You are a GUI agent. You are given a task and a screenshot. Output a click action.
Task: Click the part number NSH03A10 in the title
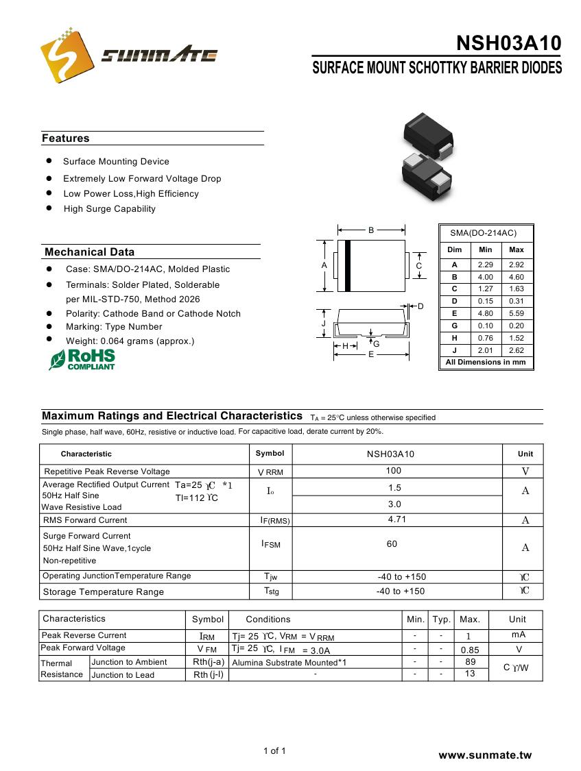(508, 43)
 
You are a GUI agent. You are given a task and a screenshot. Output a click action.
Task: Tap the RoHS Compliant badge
(82, 359)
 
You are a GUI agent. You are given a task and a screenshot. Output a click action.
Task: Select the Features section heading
(66, 138)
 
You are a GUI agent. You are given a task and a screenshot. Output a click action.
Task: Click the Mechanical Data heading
(89, 252)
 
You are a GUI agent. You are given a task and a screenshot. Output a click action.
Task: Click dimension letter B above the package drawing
(371, 230)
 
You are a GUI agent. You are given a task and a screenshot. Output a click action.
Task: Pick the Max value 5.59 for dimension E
(516, 314)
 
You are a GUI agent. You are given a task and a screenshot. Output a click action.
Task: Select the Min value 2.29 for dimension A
(485, 265)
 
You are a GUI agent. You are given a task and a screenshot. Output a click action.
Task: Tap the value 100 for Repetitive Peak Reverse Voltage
(394, 471)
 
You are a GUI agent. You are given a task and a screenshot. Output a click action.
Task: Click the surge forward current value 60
(392, 544)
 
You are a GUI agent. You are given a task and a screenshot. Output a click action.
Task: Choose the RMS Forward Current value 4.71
(397, 519)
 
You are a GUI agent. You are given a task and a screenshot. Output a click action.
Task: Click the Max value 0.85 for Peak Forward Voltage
(470, 650)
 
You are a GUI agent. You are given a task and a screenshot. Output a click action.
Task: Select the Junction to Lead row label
(123, 675)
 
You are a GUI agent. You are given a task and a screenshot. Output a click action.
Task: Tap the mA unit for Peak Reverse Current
(519, 635)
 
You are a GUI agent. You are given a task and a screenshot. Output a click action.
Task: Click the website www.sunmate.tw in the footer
(485, 755)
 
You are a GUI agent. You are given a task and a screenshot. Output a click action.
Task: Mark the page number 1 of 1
(274, 751)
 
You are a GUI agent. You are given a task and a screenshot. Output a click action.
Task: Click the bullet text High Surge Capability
(110, 209)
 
